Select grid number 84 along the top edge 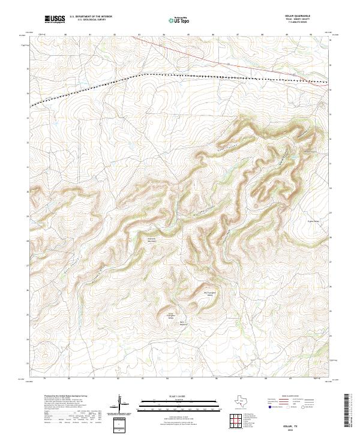coord(164,35)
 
